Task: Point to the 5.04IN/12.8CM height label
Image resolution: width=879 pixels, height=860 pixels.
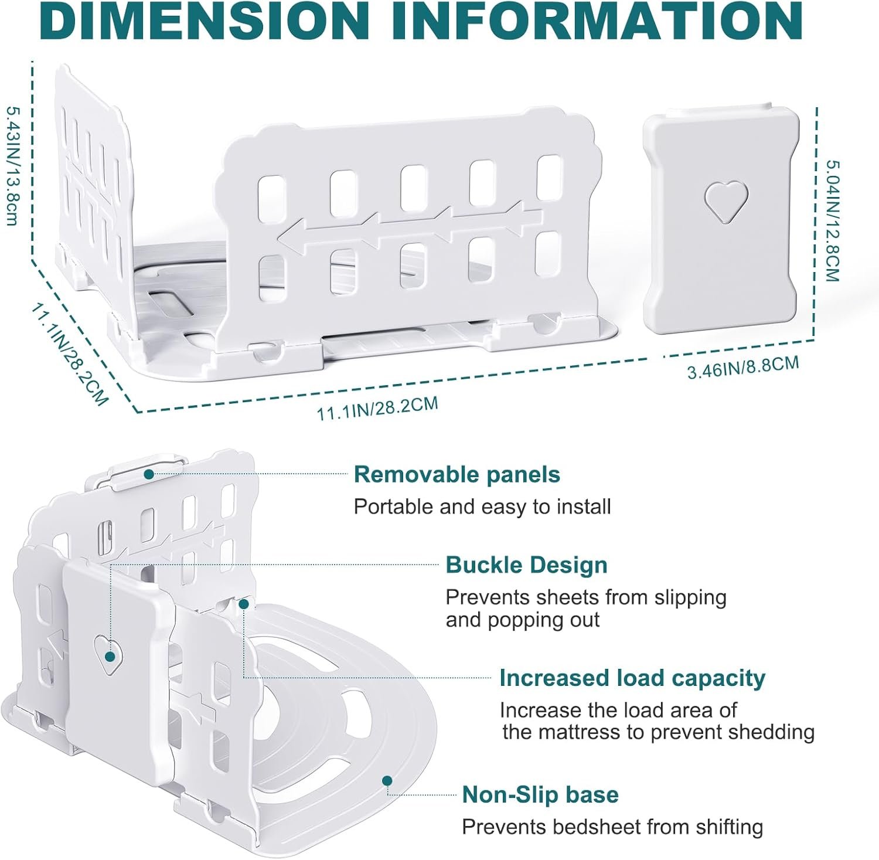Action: [832, 221]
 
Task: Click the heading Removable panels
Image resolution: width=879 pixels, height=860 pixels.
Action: [457, 474]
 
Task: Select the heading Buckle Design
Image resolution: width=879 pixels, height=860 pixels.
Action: [526, 565]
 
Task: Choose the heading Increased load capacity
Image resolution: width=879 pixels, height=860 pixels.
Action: [632, 678]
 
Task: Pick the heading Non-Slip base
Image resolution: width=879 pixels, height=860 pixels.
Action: [540, 795]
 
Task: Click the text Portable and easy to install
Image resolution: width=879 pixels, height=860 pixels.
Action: [482, 507]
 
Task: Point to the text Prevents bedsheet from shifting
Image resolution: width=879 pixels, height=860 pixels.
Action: [612, 827]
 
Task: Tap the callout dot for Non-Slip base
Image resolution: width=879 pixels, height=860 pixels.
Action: [387, 780]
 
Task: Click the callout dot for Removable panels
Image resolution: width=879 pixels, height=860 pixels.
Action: [149, 474]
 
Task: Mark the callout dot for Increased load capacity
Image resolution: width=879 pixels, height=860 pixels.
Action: [244, 603]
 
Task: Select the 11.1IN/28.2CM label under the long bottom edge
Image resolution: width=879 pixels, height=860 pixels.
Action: [377, 408]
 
